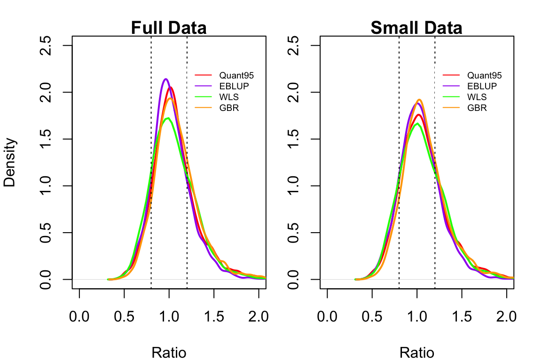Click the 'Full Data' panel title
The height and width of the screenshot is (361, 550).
click(169, 28)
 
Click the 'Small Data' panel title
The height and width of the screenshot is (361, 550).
click(416, 28)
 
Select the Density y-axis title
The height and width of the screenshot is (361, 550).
click(10, 162)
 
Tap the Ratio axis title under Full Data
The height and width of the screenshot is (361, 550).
click(169, 353)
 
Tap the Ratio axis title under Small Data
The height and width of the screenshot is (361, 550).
click(416, 353)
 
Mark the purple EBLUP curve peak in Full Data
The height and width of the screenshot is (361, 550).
click(165, 79)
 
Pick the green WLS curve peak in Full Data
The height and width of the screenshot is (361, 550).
click(167, 118)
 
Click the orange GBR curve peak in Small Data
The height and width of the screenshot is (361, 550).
click(419, 100)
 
